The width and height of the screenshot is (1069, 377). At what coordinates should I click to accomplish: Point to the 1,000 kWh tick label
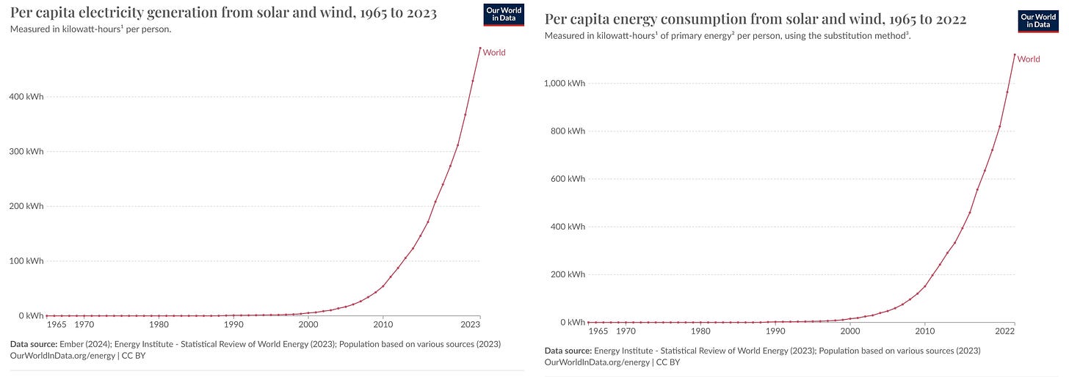564,84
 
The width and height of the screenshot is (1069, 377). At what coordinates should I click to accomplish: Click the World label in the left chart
494,53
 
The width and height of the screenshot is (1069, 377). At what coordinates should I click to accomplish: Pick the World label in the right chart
1029,59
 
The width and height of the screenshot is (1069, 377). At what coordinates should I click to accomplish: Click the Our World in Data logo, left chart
504,15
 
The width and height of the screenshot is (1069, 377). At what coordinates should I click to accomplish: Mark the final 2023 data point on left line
480,48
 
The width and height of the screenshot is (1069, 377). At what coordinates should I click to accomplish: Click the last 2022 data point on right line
1015,54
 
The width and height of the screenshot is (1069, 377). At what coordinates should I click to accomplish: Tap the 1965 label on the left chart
57,324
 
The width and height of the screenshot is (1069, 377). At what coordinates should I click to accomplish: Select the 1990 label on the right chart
775,331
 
